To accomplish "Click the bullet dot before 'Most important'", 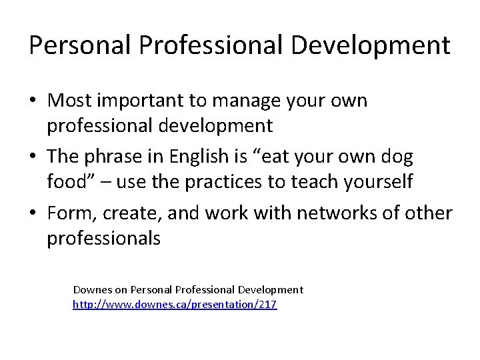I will click(33, 101).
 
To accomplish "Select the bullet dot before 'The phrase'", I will click(33, 158).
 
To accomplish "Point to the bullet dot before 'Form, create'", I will click(33, 214).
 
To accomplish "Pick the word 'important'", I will click(147, 101).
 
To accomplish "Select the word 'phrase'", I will click(117, 158).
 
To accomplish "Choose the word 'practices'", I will click(213, 181).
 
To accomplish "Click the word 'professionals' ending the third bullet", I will click(103, 237).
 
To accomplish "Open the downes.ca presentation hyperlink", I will click(175, 305).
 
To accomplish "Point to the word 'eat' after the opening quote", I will click(283, 158).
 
